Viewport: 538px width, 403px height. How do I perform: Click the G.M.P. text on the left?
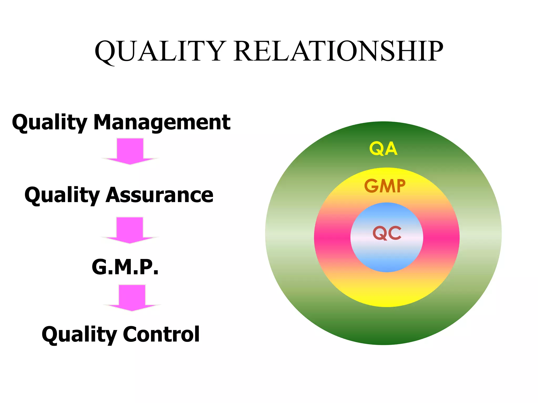[x=125, y=267]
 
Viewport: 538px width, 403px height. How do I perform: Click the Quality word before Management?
[x=50, y=123]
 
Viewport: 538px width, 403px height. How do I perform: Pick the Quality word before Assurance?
[x=62, y=195]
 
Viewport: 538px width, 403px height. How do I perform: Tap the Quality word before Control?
[x=79, y=335]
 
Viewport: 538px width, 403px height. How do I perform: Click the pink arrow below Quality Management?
[x=130, y=151]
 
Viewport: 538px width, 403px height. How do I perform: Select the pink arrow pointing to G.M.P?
[x=130, y=230]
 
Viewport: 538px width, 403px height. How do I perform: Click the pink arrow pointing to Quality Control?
[x=132, y=298]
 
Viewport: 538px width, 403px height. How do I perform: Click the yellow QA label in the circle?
[x=383, y=149]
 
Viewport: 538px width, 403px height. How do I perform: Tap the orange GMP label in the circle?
[x=385, y=186]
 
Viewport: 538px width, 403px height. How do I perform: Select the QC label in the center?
[x=387, y=233]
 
